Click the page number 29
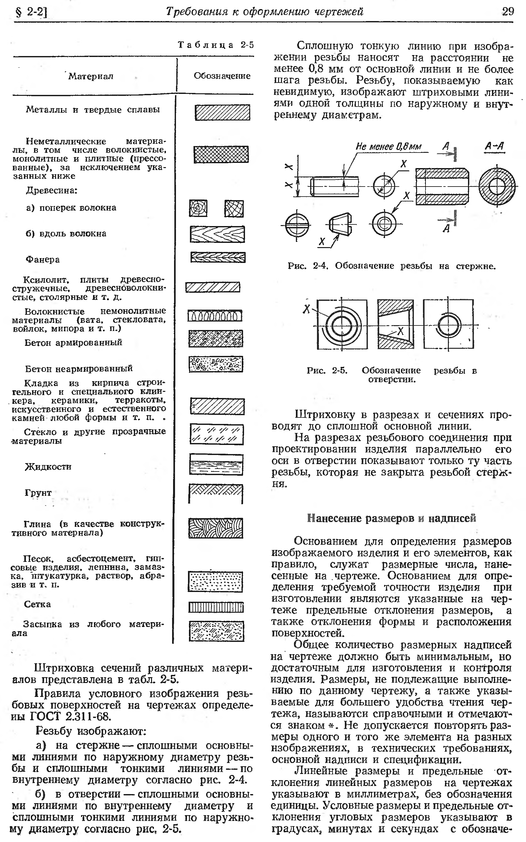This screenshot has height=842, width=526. [508, 11]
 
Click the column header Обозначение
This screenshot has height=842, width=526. [222, 76]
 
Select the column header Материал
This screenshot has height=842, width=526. [91, 76]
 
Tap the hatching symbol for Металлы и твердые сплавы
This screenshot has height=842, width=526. [222, 113]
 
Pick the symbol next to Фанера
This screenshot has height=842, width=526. [218, 257]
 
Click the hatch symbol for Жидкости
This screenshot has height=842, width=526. [216, 464]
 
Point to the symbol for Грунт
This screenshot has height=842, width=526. [216, 493]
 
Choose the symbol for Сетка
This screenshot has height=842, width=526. [216, 607]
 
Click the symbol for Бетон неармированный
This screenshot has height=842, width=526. [216, 364]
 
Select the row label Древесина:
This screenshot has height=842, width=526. [52, 190]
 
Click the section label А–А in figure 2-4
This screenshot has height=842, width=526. [494, 146]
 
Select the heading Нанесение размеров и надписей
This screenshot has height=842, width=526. [392, 518]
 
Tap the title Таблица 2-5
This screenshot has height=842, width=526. [216, 45]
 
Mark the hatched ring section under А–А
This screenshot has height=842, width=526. [497, 186]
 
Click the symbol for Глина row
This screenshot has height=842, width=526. [216, 528]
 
